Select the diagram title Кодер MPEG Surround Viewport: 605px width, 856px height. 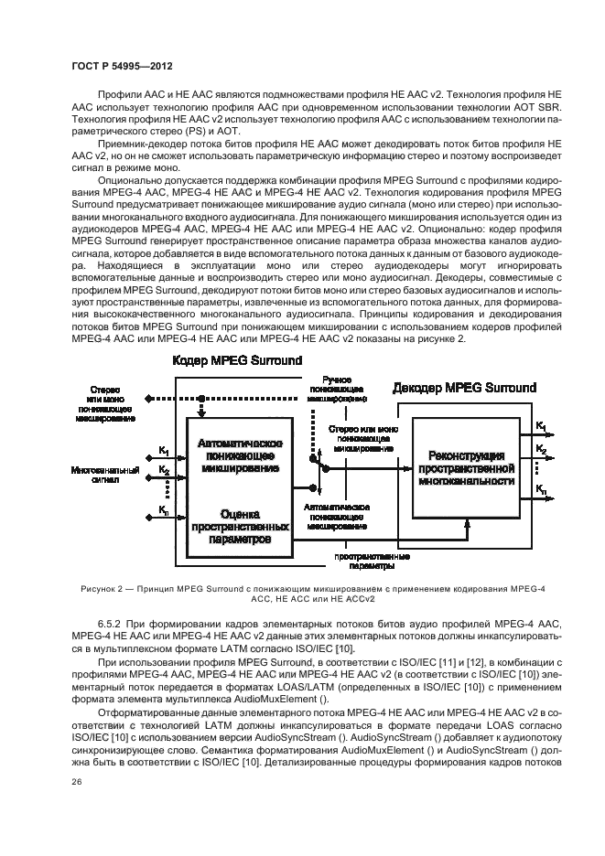pos(238,360)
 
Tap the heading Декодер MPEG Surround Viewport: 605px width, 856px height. pos(465,389)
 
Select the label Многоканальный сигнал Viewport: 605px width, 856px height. pos(104,476)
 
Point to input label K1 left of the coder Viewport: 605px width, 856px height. pos(163,450)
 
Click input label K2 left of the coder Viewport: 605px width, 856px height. pos(163,472)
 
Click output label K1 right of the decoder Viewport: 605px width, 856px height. pos(543,427)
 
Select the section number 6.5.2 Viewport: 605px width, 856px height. pos(112,623)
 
